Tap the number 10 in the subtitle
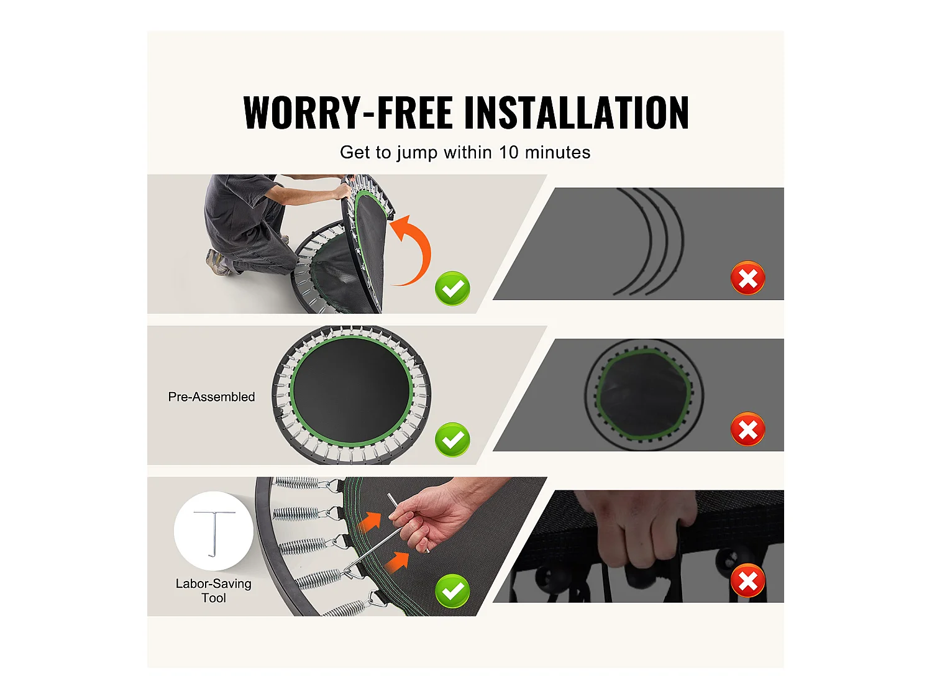[x=508, y=152]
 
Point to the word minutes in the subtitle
[x=557, y=152]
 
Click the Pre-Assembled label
[x=211, y=397]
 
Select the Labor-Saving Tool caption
[x=214, y=591]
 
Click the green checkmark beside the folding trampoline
[x=452, y=288]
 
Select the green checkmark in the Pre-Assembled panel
[x=452, y=439]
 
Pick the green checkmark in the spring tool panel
[x=452, y=591]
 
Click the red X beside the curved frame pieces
[x=747, y=278]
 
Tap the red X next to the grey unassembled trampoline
[x=747, y=429]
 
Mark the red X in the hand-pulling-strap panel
[x=747, y=580]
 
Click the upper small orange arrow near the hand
[x=370, y=521]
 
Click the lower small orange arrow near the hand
[x=396, y=563]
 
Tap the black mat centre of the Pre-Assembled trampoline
[x=352, y=390]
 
